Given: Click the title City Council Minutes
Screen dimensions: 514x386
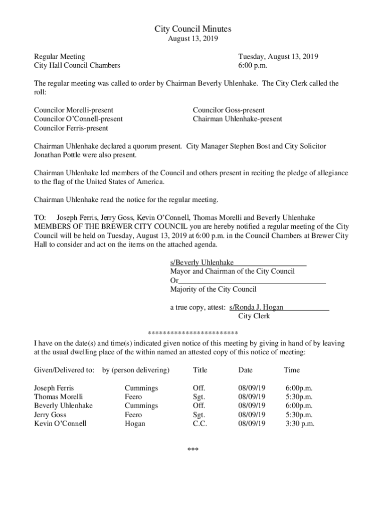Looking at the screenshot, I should coord(193,30).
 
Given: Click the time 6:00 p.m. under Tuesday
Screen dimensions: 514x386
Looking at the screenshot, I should coord(253,65).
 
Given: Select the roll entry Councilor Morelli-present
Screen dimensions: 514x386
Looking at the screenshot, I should coord(74,110).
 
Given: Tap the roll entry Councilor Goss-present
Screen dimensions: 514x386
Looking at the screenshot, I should coord(229,110).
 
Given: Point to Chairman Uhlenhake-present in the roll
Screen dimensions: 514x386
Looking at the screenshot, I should coord(237,119).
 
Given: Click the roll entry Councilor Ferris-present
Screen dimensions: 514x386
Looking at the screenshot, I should coord(71,128).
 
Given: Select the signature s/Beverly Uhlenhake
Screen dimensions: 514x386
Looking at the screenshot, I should coord(202,263).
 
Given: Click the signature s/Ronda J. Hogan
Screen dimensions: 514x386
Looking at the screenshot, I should coord(256,307).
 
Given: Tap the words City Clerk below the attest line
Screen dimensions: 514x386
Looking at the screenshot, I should coord(254,316).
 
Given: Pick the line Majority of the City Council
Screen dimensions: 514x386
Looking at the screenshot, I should coord(213,289).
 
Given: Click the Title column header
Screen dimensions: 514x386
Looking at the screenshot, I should coord(200,370).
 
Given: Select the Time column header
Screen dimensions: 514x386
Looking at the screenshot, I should coord(291,370).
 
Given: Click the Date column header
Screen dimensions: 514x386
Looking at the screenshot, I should coord(245,370).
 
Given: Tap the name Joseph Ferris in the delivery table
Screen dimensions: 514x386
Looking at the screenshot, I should coord(54,388).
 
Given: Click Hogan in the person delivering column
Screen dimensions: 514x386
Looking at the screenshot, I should coord(135,424).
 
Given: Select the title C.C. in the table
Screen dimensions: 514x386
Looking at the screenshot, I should coord(200,424).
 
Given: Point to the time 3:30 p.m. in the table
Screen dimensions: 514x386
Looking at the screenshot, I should coord(300,424).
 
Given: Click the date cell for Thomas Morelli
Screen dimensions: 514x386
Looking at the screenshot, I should coord(252,397).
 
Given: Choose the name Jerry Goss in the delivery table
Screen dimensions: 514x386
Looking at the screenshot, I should coord(50,415).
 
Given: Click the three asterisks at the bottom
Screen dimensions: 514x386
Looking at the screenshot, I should coord(193,449).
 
